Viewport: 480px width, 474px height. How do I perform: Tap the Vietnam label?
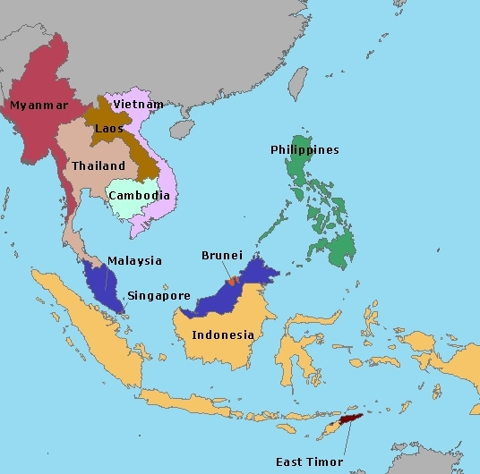139,104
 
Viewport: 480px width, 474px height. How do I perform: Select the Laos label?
108,128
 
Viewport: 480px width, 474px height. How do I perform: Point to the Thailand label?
98,165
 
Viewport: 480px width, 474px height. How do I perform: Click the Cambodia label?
138,195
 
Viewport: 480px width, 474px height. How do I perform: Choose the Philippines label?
304,149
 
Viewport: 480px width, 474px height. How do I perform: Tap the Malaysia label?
134,260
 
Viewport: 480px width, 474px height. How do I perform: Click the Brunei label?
221,255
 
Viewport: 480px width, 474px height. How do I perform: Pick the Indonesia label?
223,335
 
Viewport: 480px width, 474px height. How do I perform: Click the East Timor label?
308,462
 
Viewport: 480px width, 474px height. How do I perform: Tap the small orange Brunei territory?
231,281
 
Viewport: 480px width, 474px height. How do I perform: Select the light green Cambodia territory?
134,207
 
